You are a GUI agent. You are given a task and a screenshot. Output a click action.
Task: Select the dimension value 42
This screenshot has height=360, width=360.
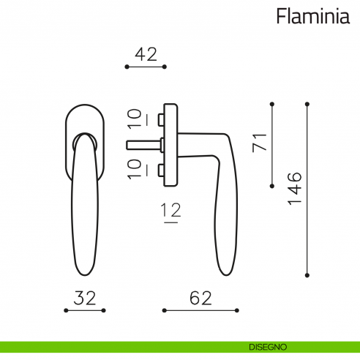click(x=146, y=53)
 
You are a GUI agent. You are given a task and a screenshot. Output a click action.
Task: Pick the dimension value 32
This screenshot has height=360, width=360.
click(x=85, y=298)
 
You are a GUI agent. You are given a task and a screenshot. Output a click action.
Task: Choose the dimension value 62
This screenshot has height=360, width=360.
click(x=200, y=298)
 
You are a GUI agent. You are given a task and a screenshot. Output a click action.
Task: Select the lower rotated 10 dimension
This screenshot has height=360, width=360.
click(x=135, y=168)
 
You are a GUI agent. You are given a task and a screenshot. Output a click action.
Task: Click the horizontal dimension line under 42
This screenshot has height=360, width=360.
click(x=146, y=67)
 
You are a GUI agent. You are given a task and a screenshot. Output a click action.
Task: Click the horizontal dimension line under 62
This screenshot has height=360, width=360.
click(x=200, y=311)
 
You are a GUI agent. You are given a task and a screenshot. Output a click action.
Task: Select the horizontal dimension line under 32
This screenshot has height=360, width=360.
click(x=85, y=311)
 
